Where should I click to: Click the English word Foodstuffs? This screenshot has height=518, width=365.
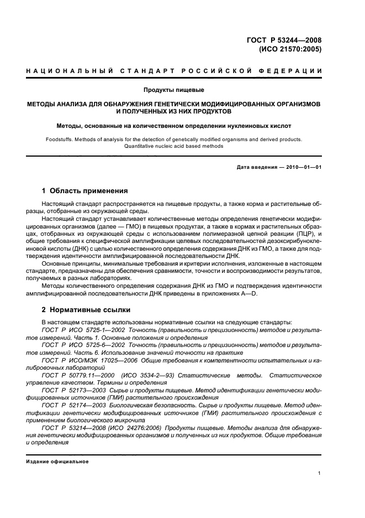[61, 139]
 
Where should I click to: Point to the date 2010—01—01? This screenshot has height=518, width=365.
[303, 167]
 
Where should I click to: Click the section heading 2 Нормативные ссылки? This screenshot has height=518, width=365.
[84, 310]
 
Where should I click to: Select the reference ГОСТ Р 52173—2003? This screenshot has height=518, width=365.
[75, 390]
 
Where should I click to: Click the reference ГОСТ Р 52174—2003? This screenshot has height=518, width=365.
[75, 405]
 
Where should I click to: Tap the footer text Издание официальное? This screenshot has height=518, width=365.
[57, 461]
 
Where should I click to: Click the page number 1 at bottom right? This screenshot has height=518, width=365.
[320, 473]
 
